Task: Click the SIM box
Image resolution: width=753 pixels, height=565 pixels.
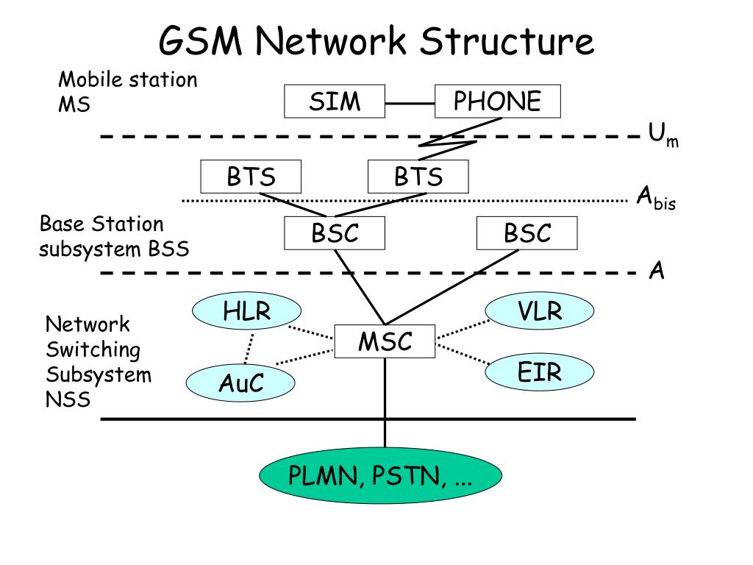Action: click(335, 102)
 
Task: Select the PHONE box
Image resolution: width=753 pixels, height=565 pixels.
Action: click(497, 102)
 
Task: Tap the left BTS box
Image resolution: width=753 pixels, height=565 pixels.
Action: click(251, 177)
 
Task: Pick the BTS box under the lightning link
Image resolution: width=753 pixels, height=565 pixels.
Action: click(418, 177)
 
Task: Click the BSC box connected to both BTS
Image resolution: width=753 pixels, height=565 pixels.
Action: click(335, 234)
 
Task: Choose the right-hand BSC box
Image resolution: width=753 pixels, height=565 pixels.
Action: click(527, 234)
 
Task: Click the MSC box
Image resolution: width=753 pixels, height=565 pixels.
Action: click(385, 341)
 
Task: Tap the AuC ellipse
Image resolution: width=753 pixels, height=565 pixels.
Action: click(240, 383)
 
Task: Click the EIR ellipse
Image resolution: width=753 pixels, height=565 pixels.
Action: click(539, 372)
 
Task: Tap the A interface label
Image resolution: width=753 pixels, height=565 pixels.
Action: click(656, 271)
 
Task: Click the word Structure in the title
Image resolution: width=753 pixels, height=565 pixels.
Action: click(506, 41)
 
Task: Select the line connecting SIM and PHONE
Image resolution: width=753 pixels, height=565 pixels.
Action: click(410, 102)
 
